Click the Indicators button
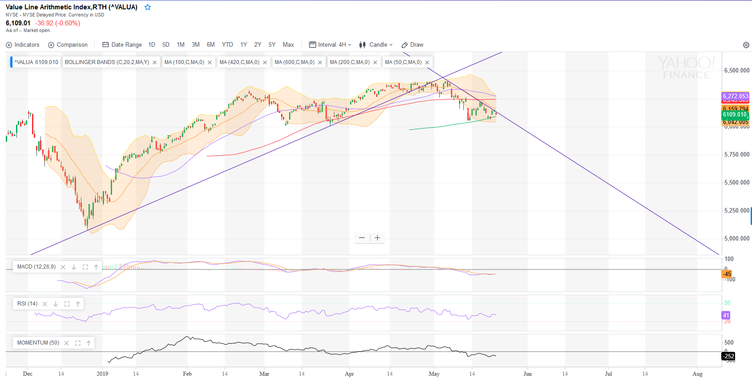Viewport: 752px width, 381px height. [x=23, y=45]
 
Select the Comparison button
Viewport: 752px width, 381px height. [x=68, y=45]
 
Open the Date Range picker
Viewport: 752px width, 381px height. [x=122, y=45]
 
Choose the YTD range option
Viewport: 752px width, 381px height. [x=227, y=45]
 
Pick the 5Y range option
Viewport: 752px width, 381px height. [x=272, y=45]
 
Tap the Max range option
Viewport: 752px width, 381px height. [x=288, y=45]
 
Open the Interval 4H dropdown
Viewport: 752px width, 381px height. [x=330, y=45]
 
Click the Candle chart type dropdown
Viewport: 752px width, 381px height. [x=376, y=45]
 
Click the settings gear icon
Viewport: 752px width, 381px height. [x=746, y=45]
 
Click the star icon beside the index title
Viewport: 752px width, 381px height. [x=148, y=7]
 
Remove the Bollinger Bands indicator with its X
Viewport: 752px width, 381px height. [x=155, y=63]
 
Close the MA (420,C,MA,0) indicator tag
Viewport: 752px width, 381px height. [x=265, y=63]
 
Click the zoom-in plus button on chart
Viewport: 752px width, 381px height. [x=378, y=238]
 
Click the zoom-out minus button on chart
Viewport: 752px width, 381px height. [x=362, y=238]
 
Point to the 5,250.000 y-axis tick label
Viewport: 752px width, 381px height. [x=736, y=211]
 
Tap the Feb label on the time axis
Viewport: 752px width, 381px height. [x=187, y=374]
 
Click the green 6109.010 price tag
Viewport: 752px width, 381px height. [x=735, y=115]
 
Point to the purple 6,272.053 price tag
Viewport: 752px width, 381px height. [x=735, y=96]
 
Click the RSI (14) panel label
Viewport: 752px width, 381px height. [x=27, y=304]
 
